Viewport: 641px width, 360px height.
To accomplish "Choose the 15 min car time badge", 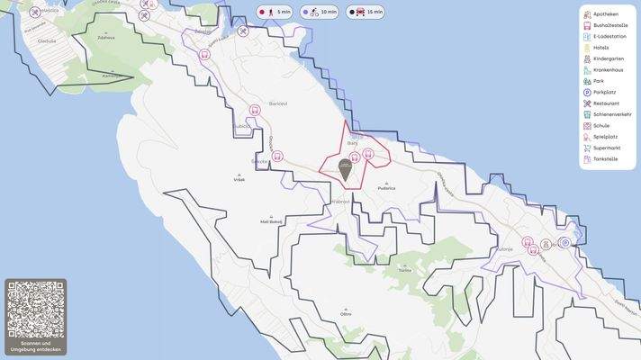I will click(366, 13).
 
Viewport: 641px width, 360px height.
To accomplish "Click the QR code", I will click(35, 310).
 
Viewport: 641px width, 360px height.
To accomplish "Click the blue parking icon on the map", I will click(565, 242).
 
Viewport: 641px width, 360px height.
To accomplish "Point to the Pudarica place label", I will click(387, 187).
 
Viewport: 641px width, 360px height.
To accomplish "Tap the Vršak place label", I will click(239, 179).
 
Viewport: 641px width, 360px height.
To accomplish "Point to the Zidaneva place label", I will click(106, 38).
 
